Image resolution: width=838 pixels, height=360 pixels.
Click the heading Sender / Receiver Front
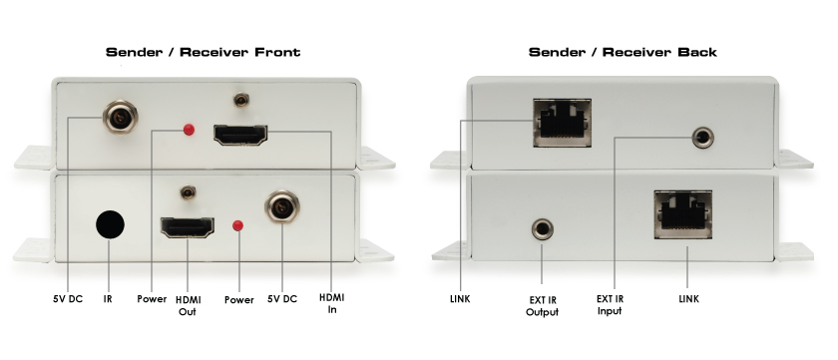pos(204,52)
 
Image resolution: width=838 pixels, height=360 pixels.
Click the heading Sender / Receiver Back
pos(623,52)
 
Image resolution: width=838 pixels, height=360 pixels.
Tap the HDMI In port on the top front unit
pos(240,135)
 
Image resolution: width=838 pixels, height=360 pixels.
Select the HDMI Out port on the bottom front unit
pos(188,227)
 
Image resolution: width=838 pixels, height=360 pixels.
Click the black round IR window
pos(110,224)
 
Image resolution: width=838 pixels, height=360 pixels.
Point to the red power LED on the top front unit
pos(189,130)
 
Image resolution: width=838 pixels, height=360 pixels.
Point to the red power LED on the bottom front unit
pos(237,226)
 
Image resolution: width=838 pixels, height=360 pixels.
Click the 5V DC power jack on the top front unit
pos(121,117)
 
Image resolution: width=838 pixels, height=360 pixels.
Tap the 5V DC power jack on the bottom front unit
pos(282,207)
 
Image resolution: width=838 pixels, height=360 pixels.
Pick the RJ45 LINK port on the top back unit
pos(563,123)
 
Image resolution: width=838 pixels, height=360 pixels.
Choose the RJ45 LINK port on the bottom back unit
pos(683,213)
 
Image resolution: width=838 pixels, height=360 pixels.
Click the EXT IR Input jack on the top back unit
pos(702,138)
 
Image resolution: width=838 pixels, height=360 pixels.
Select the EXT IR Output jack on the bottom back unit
pos(543,229)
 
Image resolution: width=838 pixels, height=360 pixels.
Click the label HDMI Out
pos(188,306)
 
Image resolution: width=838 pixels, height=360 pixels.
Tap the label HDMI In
pos(332,303)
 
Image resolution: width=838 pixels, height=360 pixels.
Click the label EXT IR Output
pos(542,306)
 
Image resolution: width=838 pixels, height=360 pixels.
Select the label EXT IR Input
pos(610,305)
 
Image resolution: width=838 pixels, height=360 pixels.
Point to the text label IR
pos(108,299)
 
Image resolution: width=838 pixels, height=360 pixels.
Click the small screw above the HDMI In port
pos(242,100)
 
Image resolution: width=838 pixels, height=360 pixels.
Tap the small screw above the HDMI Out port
pos(188,192)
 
